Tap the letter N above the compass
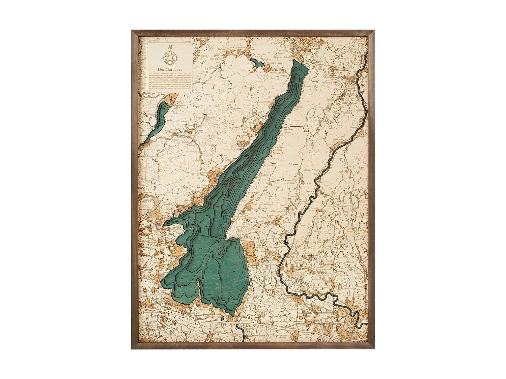pyautogui.click(x=170, y=47)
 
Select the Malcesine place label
pyautogui.click(x=289, y=129)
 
